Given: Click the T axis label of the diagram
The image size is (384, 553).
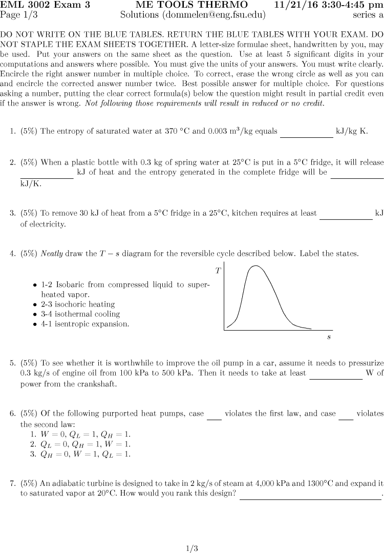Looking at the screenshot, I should click(x=218, y=271).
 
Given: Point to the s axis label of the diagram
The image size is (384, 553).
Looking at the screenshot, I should click(x=329, y=337).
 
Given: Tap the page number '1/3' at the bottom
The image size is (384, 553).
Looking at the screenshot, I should click(x=191, y=548).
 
